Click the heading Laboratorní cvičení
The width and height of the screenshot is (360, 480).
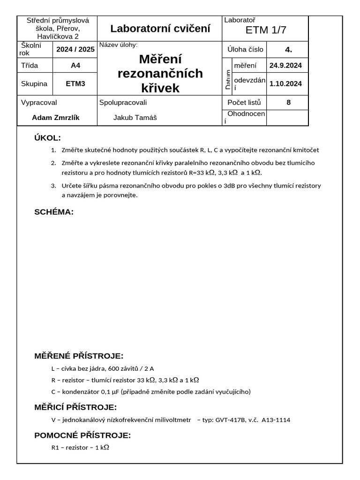(160, 29)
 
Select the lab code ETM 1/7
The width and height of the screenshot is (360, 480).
(266, 30)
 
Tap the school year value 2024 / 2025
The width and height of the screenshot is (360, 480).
(75, 49)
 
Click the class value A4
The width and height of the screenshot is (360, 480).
(75, 66)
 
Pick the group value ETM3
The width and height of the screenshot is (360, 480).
(75, 84)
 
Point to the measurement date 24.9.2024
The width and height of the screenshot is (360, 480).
(285, 66)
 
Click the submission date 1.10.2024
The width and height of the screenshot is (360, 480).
(285, 84)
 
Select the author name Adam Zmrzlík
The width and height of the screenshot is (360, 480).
(55, 118)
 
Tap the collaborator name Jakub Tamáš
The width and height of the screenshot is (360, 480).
(135, 118)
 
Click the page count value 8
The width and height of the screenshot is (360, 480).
(288, 102)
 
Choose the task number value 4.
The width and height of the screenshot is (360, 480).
(288, 49)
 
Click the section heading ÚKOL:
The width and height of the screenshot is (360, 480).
(48, 138)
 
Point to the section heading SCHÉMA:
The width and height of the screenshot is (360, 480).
(54, 212)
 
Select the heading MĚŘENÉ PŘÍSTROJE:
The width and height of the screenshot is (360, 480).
(79, 356)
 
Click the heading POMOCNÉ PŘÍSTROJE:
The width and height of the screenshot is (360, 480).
(82, 435)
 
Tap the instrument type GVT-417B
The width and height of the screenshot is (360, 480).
(236, 420)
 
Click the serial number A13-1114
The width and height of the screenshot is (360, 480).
(276, 420)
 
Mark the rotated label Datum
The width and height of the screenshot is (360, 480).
(228, 80)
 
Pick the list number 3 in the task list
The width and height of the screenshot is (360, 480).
(53, 186)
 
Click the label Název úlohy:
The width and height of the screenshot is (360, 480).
(118, 45)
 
